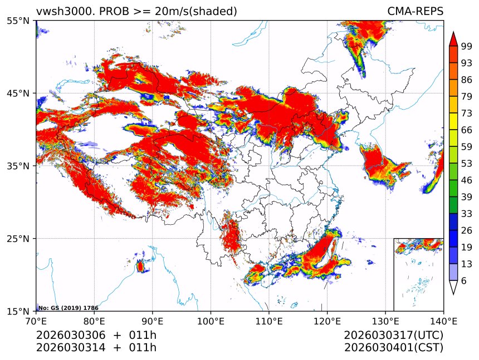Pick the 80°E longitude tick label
94,321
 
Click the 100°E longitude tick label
211,321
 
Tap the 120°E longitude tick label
327,321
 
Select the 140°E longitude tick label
443,321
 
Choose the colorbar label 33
466,214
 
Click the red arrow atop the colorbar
453,39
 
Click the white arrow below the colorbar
453,287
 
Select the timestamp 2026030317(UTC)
393,336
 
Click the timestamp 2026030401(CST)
393,348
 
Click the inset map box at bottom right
418,274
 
